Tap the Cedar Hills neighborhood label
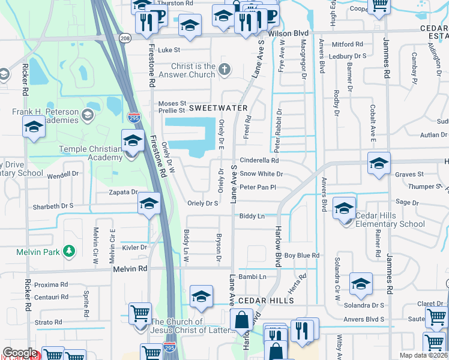tap(265, 300)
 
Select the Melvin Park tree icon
tap(70, 251)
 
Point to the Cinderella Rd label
tap(260, 161)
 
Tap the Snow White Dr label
tap(261, 174)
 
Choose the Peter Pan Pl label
tap(258, 187)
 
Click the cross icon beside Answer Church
tap(224, 69)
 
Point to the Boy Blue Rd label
tap(302, 256)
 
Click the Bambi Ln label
tap(252, 277)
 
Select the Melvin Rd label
tap(130, 270)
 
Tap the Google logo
tap(20, 353)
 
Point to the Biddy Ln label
tap(252, 216)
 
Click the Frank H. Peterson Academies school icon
tap(88, 114)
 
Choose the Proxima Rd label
tap(51, 284)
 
